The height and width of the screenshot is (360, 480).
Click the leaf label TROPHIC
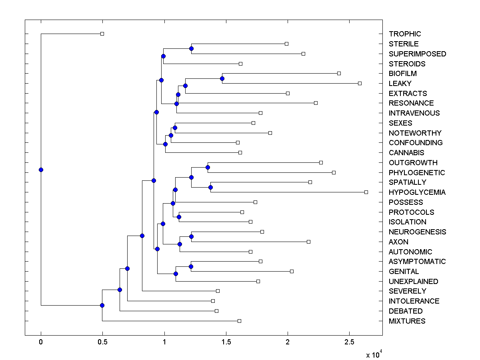[405, 34]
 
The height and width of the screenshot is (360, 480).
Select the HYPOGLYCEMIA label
[417, 192]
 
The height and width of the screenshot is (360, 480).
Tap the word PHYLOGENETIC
[417, 172]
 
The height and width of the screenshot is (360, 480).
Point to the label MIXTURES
[407, 321]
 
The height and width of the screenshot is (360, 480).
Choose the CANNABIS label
[406, 152]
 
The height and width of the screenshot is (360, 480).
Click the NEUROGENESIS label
[418, 232]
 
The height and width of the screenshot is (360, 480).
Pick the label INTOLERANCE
[414, 301]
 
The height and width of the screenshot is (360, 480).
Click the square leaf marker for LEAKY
[360, 83]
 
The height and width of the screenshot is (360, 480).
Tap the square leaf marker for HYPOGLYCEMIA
[366, 192]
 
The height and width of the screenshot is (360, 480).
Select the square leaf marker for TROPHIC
[102, 34]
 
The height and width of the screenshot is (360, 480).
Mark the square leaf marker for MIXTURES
[239, 321]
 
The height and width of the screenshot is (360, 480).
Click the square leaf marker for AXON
[308, 242]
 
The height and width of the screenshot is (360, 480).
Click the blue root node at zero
[41, 170]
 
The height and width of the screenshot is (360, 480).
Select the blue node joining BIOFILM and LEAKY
[222, 78]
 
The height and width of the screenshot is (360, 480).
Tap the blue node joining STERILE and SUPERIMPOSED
[191, 48]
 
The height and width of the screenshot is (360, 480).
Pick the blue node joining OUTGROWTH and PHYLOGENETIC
[208, 167]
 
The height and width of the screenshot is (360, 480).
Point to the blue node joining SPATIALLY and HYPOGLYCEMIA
[210, 187]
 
